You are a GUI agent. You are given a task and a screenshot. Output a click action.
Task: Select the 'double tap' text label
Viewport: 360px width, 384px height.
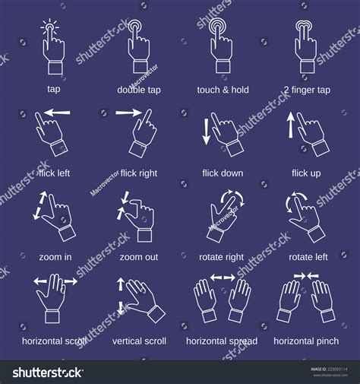pos(138,89)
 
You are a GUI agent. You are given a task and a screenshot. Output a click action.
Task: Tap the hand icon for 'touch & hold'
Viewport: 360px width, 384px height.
pos(221,49)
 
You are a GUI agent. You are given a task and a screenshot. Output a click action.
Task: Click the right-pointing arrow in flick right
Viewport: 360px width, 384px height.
pos(130,113)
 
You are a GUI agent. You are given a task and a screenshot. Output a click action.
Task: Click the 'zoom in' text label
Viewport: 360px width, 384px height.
pos(55,257)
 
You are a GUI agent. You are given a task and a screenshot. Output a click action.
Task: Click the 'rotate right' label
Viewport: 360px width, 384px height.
pos(221,257)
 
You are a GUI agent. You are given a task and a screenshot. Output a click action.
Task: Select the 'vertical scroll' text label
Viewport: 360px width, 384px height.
pos(139,341)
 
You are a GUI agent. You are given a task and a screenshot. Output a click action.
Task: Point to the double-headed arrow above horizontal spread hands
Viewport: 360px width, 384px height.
pos(223,278)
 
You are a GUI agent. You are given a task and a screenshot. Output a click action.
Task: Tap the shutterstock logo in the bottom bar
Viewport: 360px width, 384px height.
pos(48,373)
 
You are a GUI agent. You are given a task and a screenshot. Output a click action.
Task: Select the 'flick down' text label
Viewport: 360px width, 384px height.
pos(223,173)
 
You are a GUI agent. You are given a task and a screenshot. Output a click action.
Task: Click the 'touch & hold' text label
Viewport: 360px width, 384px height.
pos(221,89)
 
